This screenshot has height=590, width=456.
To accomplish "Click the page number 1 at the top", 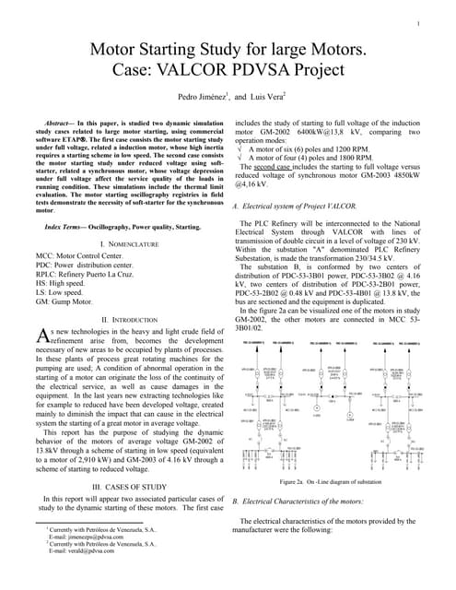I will pyautogui.click(x=419, y=23).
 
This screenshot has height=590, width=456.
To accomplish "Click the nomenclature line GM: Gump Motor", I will pyautogui.click(x=70, y=301).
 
